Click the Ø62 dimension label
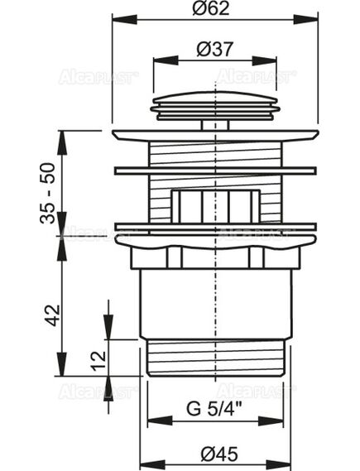[x=211, y=8]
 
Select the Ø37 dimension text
[x=215, y=49]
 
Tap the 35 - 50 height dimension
[x=47, y=193]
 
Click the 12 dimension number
[x=99, y=360]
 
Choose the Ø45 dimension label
[x=219, y=454]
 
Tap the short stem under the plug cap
[x=215, y=125]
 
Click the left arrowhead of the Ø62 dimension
[x=124, y=19]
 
